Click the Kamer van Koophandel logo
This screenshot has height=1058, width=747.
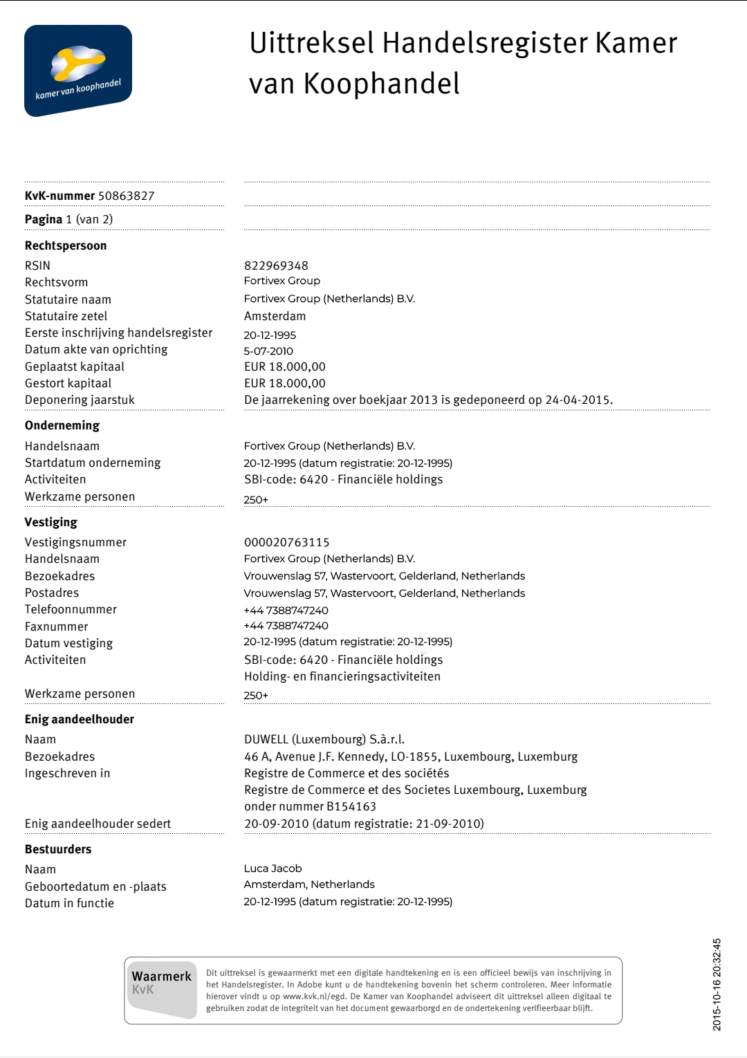click(77, 71)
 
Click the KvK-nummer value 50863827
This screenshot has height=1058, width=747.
click(126, 196)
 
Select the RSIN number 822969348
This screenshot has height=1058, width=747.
click(276, 266)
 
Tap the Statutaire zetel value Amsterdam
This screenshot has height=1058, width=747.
click(275, 316)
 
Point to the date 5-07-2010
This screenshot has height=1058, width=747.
click(268, 351)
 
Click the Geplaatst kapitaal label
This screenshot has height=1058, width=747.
click(75, 366)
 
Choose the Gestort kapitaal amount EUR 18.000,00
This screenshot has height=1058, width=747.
click(284, 383)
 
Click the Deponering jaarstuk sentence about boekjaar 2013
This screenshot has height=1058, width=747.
click(428, 400)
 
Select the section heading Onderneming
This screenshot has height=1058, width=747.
click(62, 425)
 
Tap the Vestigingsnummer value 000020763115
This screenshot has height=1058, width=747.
click(286, 542)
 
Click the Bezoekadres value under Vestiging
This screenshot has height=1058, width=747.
click(384, 576)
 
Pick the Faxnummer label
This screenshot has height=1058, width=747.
click(57, 627)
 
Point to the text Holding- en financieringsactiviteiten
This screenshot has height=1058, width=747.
click(342, 676)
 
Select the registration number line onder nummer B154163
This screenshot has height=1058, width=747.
click(310, 806)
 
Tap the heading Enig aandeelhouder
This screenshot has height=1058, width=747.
click(80, 719)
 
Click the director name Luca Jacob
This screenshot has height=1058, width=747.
click(273, 869)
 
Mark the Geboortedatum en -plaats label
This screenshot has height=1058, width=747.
click(95, 887)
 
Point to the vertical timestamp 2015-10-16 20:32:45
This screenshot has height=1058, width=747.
click(717, 984)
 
